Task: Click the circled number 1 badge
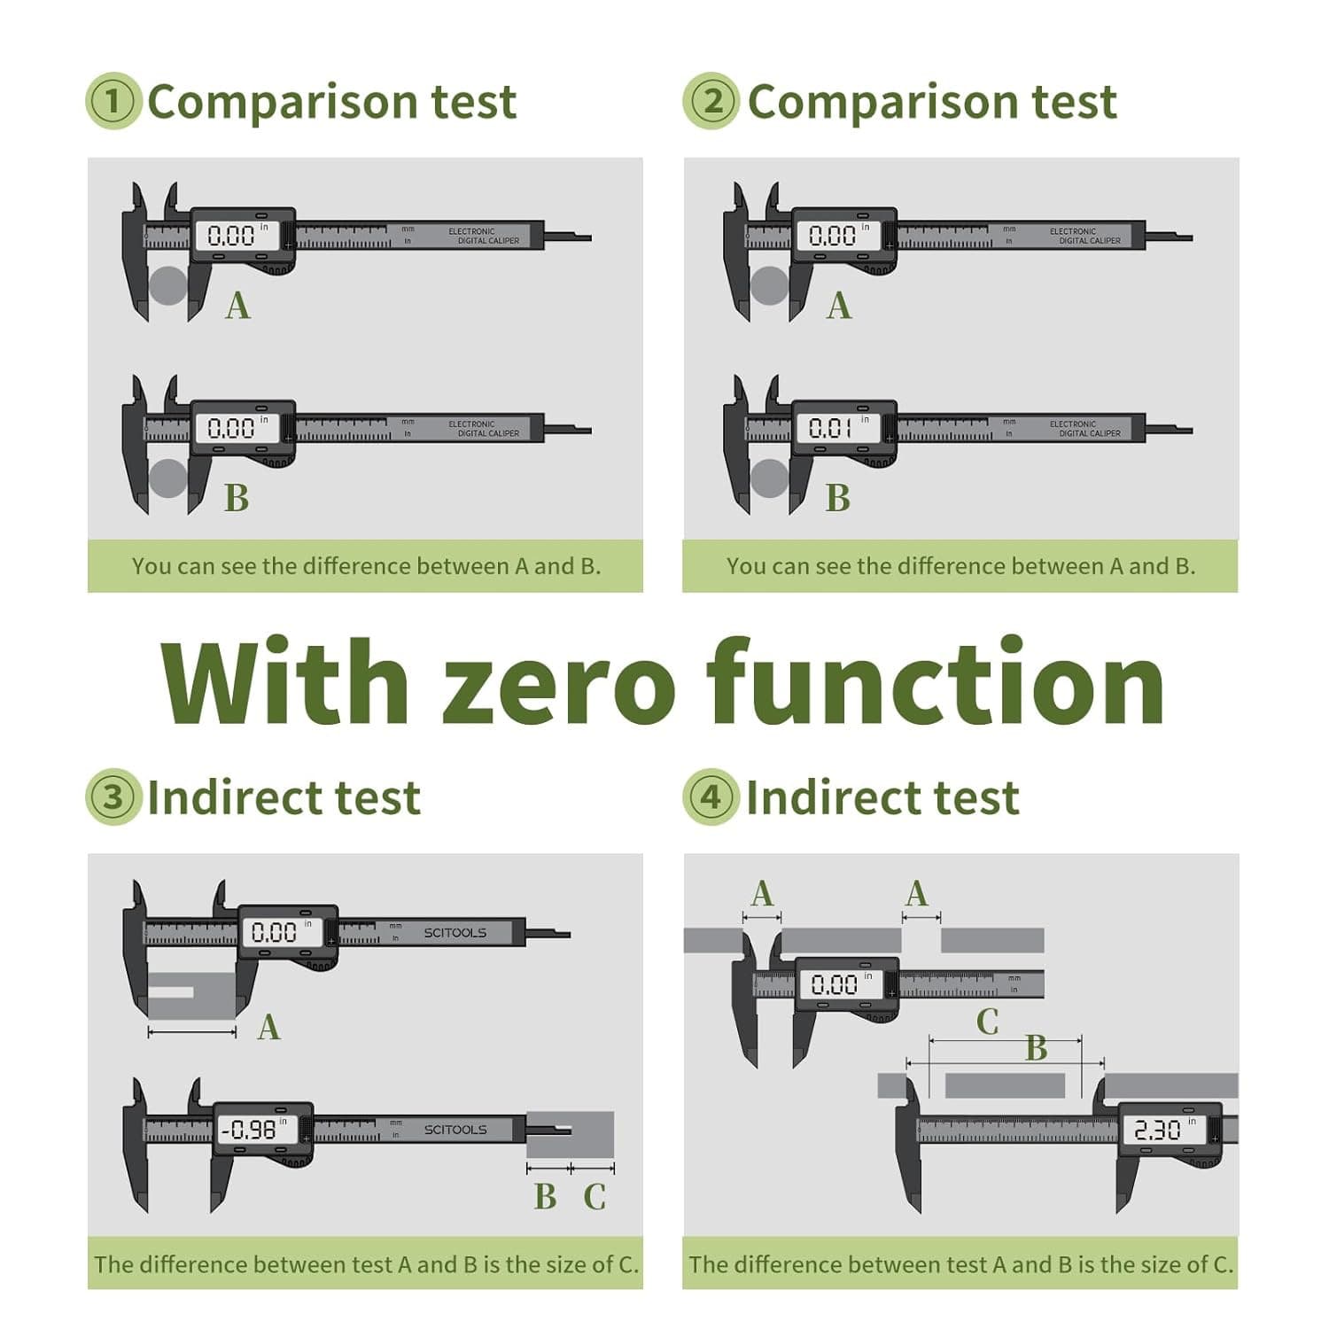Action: tap(113, 101)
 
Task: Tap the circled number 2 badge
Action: tap(711, 101)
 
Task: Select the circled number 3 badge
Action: tap(113, 797)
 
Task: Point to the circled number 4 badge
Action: tap(711, 797)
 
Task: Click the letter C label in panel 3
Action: tap(595, 1197)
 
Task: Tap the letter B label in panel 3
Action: tap(545, 1197)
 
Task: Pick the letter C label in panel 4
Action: tap(987, 1022)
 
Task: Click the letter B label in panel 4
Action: tap(1036, 1048)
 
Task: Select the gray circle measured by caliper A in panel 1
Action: tap(167, 285)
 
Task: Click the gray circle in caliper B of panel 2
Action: tap(769, 478)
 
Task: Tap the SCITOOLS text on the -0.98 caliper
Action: tap(455, 1130)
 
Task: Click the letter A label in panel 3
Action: tap(268, 1028)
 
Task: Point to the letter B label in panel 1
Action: tap(237, 498)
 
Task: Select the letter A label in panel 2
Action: tap(838, 306)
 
